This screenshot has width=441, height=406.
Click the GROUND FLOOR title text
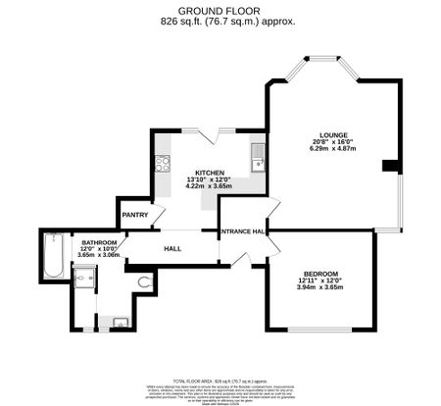(220, 10)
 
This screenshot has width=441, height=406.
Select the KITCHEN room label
(210, 172)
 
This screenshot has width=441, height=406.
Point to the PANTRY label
(134, 215)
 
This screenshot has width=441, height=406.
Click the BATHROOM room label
(99, 242)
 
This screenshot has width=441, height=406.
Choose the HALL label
(172, 248)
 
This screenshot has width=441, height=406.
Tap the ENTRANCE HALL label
(244, 231)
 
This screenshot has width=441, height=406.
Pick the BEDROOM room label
(320, 274)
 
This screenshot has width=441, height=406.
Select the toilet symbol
(146, 282)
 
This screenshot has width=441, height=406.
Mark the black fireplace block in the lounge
(390, 164)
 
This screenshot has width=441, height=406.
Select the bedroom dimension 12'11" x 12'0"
(320, 281)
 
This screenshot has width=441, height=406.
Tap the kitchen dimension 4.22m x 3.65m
(210, 186)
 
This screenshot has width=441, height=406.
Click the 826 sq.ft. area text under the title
(220, 21)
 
